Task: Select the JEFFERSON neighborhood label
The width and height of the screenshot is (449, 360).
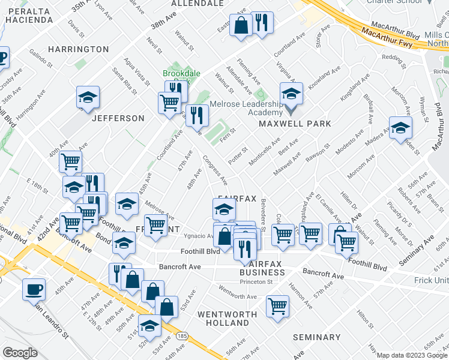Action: pyautogui.click(x=118, y=118)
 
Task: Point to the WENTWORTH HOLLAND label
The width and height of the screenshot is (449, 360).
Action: pyautogui.click(x=223, y=319)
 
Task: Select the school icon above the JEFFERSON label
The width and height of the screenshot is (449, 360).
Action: pyautogui.click(x=88, y=98)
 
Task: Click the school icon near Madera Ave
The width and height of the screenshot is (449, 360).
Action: pyautogui.click(x=401, y=128)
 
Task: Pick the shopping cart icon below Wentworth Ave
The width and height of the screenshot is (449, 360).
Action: pyautogui.click(x=278, y=306)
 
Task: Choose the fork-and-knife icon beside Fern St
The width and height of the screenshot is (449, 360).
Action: pyautogui.click(x=197, y=115)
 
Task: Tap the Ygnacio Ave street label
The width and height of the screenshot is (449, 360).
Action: pyautogui.click(x=197, y=236)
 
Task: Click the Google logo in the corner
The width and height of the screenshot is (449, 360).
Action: pyautogui.click(x=20, y=353)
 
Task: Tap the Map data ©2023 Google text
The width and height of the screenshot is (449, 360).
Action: pyautogui.click(x=411, y=355)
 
